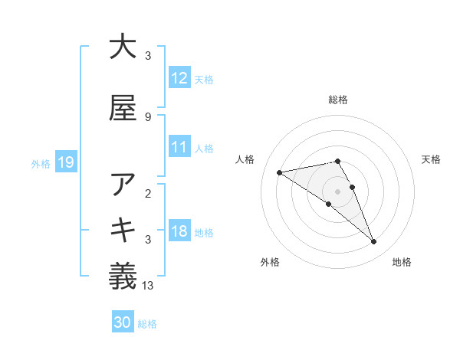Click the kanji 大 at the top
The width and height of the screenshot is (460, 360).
[123, 47]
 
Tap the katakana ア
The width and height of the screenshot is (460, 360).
[123, 185]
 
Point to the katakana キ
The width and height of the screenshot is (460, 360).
[123, 231]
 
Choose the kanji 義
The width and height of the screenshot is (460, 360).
[123, 277]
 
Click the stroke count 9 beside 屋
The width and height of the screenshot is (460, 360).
[147, 116]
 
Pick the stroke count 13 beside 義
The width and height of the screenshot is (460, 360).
[148, 286]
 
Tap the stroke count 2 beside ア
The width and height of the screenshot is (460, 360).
[147, 193]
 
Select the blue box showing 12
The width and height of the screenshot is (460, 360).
[179, 78]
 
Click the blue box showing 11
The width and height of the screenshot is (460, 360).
[179, 147]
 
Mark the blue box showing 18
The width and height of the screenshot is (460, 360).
[179, 231]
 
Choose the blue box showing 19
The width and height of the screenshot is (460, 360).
[65, 162]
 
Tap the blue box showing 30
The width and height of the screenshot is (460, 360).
[123, 323]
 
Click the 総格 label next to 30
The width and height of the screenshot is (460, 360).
[147, 325]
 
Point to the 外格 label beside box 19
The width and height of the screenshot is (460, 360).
[41, 164]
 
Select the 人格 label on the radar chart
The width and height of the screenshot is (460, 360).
[246, 159]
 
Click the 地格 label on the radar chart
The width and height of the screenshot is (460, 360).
[402, 263]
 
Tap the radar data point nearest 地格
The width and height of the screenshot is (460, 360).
[374, 242]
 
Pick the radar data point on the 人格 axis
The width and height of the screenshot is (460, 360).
[279, 172]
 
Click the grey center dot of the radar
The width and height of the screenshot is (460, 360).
[337, 191]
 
